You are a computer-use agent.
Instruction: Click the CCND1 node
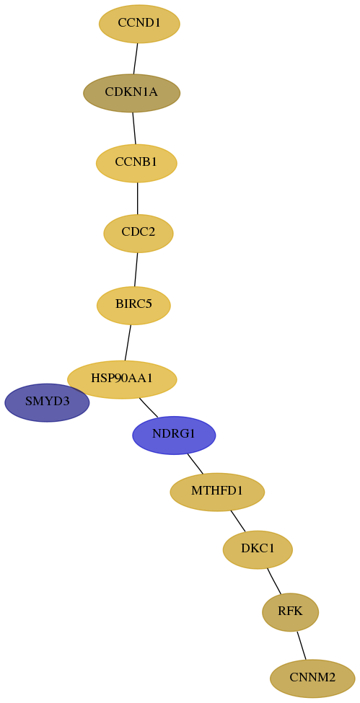tap(139, 24)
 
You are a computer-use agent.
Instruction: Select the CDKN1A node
tap(131, 93)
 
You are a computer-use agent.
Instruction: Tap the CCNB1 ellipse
tap(136, 163)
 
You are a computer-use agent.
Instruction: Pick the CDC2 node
tap(139, 233)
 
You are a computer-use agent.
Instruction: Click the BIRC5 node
tap(133, 305)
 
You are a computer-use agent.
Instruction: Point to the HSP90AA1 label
tap(122, 379)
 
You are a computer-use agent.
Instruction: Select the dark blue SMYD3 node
tap(47, 402)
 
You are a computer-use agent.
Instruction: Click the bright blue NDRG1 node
tap(174, 435)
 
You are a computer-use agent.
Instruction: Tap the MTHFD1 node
tap(217, 492)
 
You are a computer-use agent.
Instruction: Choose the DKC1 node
tap(258, 549)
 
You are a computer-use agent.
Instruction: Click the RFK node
tap(291, 611)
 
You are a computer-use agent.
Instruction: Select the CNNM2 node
tap(312, 678)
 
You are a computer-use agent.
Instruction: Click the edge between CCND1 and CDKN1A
tap(136, 58)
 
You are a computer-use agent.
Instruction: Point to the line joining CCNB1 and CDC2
tap(137, 198)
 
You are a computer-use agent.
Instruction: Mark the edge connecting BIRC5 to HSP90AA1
tap(128, 342)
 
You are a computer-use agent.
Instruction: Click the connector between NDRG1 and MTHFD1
tap(196, 464)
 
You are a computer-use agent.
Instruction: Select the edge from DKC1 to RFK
tap(274, 581)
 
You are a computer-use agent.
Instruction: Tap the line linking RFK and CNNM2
tap(301, 645)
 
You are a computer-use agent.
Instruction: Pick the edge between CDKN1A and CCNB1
tap(133, 128)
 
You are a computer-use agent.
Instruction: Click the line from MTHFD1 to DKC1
tap(238, 521)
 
